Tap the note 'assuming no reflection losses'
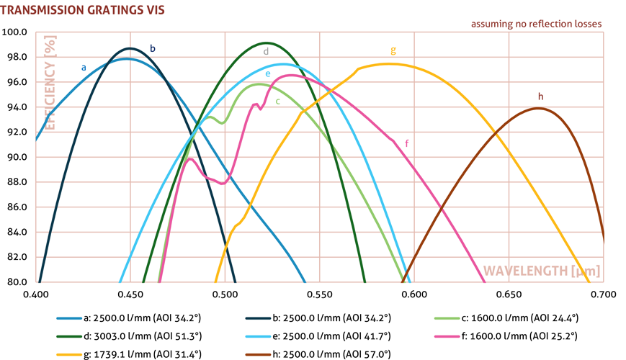point(536,24)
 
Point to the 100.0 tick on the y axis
point(14,32)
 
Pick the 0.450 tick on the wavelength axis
point(130,294)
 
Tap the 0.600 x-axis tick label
point(414,294)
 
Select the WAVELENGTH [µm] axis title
point(542,271)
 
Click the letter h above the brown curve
point(540,96)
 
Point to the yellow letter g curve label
point(393,50)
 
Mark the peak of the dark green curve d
point(266,43)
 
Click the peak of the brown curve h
point(537,108)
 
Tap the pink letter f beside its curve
point(407,143)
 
